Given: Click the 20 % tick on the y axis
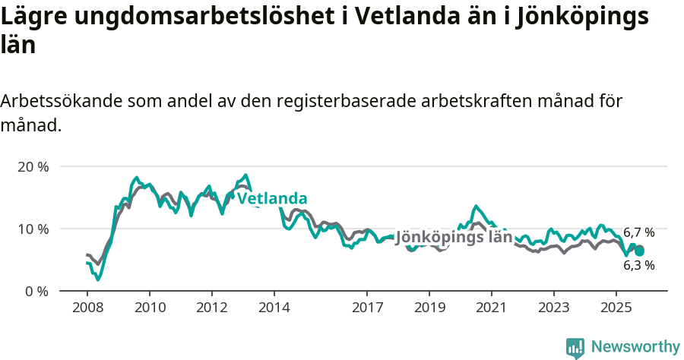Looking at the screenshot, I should [32, 166].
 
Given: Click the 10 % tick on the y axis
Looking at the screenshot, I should [32, 229].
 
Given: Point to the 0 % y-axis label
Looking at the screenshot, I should [36, 291].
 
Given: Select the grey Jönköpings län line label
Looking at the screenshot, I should [454, 237].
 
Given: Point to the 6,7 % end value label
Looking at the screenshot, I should [638, 232].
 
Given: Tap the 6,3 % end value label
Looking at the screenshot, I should [638, 266].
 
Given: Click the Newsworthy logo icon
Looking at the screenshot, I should [575, 348].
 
